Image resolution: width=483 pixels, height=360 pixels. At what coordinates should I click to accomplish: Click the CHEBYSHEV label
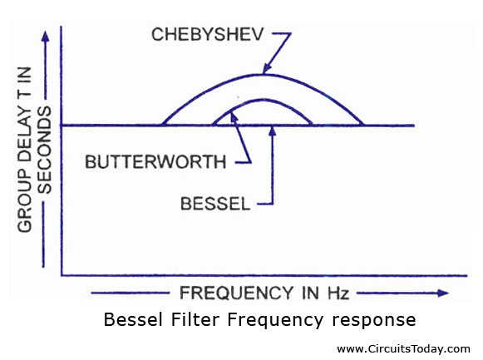coord(207,34)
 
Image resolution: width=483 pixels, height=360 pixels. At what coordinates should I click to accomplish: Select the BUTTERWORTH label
coord(155,161)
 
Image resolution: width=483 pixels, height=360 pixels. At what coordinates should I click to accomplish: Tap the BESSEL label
coord(215,204)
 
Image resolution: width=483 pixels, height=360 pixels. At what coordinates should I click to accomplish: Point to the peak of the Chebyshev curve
coord(262,75)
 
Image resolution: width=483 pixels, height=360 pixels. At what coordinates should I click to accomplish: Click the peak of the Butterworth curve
coord(263,100)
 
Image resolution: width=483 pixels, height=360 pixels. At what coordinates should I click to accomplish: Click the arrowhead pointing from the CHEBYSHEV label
coord(267,68)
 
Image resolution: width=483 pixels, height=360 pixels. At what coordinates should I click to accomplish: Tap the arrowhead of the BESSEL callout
coord(273,131)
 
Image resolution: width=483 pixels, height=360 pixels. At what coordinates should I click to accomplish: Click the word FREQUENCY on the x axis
coord(237,293)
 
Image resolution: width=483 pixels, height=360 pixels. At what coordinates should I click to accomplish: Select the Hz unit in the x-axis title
coord(338,293)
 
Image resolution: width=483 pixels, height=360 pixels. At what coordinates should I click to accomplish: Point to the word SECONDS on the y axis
coord(44,150)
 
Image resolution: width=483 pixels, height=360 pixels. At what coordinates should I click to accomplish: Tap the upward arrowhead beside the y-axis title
coord(46,37)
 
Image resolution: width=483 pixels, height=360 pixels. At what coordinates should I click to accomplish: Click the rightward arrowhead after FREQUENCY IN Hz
coord(443,293)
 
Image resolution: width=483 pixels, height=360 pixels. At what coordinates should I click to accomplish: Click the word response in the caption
coord(373,321)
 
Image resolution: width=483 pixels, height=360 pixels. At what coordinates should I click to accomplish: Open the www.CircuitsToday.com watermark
coord(403,349)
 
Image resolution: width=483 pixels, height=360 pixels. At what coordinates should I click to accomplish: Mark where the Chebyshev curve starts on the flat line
coord(162,125)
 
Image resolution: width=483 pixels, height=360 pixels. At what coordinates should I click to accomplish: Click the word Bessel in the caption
coord(133,319)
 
